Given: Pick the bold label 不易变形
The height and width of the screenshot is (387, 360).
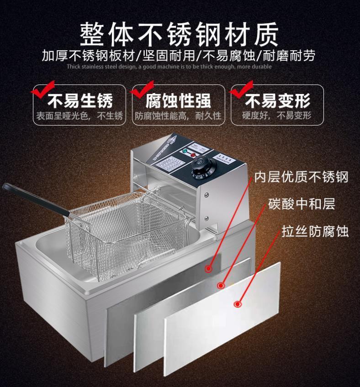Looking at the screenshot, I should click(278, 100).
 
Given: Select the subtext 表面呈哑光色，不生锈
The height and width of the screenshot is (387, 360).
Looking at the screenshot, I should click(80, 116).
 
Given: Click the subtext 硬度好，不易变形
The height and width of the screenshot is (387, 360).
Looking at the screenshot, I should click(277, 116).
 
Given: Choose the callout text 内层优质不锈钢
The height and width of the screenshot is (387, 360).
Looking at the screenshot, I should click(302, 177).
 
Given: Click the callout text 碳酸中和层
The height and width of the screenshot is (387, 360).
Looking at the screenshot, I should click(302, 204).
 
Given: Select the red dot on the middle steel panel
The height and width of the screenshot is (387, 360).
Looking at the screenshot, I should click(221, 285).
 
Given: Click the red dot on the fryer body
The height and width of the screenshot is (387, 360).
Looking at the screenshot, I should click(208, 269).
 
